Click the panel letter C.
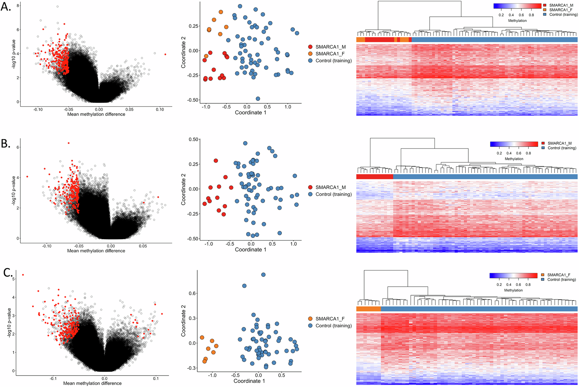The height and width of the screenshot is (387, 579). click(x=8, y=273)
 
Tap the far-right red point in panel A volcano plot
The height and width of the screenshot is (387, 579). click(x=165, y=54)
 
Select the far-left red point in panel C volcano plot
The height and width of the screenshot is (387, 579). click(x=23, y=275)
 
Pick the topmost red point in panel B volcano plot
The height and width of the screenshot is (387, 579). click(x=69, y=143)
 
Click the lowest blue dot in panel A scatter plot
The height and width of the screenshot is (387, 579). click(x=258, y=99)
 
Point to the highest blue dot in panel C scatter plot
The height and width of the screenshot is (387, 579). click(x=263, y=275)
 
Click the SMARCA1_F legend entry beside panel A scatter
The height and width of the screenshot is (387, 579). click(x=330, y=54)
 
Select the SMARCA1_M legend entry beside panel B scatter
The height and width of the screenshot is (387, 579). click(x=330, y=187)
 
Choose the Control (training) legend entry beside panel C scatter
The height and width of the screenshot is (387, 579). click(x=334, y=326)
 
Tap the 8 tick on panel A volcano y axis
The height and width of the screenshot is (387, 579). click(x=18, y=6)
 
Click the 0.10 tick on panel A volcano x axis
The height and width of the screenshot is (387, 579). click(x=160, y=109)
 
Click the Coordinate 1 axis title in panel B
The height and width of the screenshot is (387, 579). click(x=250, y=249)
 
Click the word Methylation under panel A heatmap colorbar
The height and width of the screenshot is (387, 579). click(x=517, y=21)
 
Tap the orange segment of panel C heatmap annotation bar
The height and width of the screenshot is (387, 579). click(x=368, y=309)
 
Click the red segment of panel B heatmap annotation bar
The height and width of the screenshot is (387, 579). click(x=375, y=177)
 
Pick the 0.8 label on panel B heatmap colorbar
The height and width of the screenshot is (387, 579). click(x=528, y=153)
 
